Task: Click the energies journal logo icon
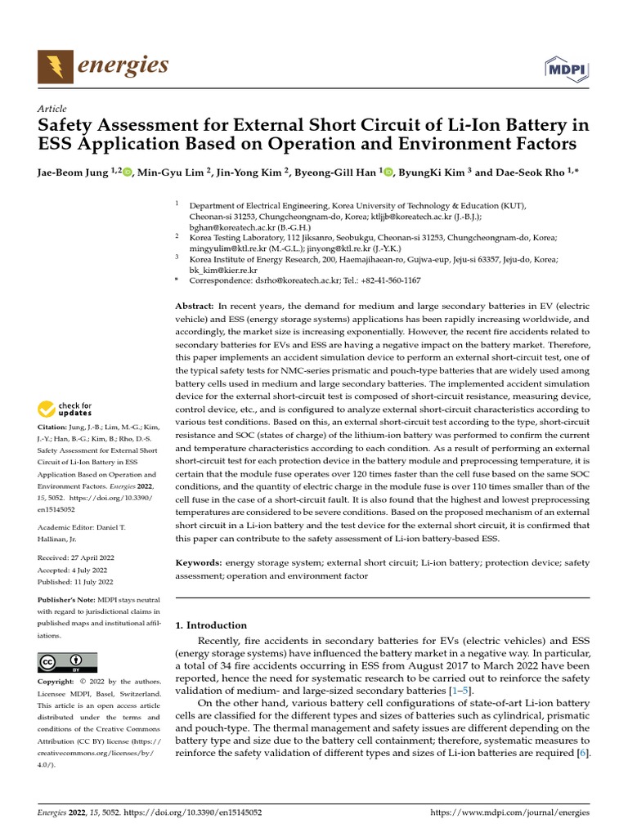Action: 55,65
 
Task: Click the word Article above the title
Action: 52,109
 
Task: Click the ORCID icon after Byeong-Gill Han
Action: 388,172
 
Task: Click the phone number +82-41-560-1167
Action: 387,280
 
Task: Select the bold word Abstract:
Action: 195,304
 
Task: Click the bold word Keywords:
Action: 199,563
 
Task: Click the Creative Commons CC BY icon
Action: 67,662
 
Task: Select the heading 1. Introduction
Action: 212,625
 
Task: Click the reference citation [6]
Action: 582,752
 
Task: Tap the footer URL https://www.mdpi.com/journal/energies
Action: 509,813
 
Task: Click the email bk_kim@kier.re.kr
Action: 223,269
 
